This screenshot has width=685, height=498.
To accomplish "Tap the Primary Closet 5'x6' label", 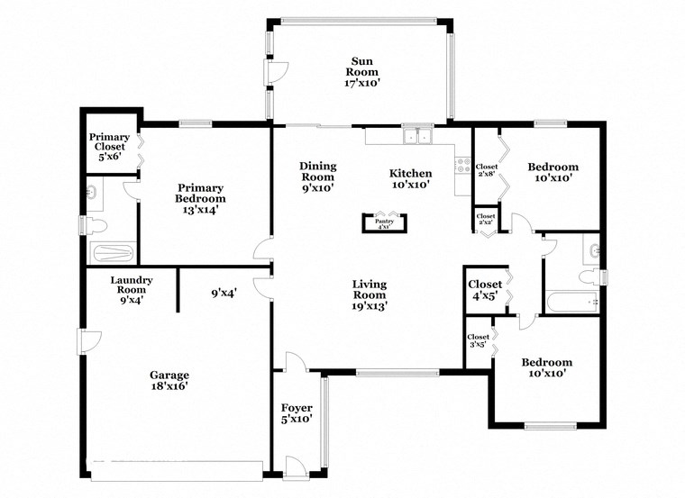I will pos(107,147).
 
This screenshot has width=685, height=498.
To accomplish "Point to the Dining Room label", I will pos(317,177).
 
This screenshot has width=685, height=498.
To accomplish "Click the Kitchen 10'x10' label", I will pos(409,179).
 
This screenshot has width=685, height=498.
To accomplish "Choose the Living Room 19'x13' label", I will pos(370,294).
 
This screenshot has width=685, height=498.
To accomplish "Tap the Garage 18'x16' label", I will pos(169,380).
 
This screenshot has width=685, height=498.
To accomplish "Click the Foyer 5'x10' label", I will pos(297,413).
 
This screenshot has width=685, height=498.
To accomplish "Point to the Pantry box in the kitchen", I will pos(385,222).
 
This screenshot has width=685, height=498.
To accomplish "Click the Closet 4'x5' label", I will pos(484,290).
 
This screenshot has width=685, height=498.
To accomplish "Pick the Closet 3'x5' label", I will pos(478,342).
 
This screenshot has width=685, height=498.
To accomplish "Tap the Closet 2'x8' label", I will pos(486,170).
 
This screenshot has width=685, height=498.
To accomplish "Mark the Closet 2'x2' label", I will pos(485,217).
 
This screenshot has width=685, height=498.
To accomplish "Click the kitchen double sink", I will pos(416,138).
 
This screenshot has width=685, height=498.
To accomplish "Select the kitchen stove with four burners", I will pos(463,166).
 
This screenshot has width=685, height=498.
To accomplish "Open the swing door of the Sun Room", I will pos(277,72).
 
